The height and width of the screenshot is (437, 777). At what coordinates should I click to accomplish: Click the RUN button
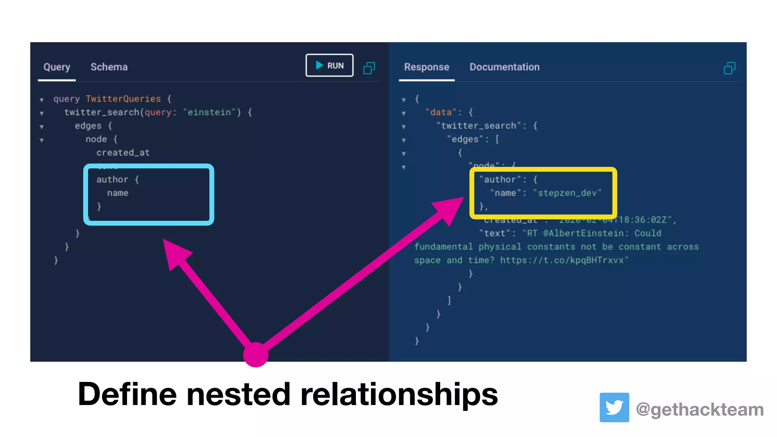tap(329, 65)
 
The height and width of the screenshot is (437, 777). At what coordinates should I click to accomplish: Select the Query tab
tap(57, 67)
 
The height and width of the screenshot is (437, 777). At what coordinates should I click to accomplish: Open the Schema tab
tap(109, 67)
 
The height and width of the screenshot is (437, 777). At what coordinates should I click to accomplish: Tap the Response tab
tap(426, 67)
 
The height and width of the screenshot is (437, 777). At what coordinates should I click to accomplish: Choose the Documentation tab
tap(504, 67)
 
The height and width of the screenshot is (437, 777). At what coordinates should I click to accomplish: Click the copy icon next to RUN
tap(369, 68)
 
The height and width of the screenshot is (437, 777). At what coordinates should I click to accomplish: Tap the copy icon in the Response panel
tap(729, 68)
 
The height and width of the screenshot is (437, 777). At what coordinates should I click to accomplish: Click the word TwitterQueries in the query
tap(123, 99)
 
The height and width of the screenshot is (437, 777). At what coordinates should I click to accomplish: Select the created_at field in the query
tap(123, 152)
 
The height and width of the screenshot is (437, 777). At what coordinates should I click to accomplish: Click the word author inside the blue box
tap(112, 179)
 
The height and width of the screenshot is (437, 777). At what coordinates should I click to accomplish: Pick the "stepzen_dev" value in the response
tap(567, 193)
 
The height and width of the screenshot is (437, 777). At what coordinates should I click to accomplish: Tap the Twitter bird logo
tap(614, 407)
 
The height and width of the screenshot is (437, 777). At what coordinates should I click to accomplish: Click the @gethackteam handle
tap(700, 410)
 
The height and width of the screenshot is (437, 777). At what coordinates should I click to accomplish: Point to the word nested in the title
tap(238, 395)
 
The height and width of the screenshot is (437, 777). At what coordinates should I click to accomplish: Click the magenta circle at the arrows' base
tap(256, 355)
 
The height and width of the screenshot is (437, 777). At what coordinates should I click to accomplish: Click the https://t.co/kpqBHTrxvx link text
tap(564, 260)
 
